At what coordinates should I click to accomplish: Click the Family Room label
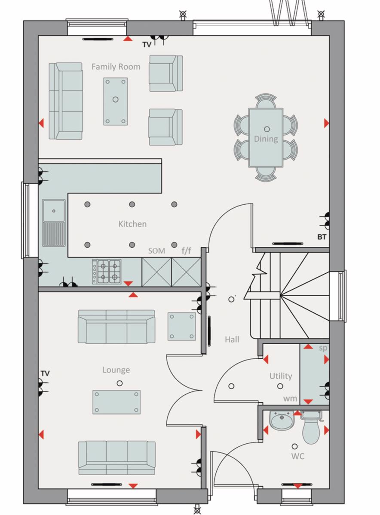[x=116, y=67]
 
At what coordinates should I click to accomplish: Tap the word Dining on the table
[x=266, y=139]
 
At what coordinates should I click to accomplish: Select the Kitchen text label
[x=132, y=224]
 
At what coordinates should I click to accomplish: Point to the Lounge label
[x=116, y=370]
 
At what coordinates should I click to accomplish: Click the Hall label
[x=232, y=339]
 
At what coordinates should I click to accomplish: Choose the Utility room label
[x=281, y=376]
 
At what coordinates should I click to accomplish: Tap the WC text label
[x=298, y=456]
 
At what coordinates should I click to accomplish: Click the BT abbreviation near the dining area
[x=322, y=237]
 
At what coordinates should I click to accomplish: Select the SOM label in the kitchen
[x=156, y=251]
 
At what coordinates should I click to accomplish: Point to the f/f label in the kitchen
[x=186, y=250]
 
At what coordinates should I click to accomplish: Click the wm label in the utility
[x=290, y=398]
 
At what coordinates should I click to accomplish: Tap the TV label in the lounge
[x=45, y=373]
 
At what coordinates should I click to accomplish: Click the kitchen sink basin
[x=54, y=211]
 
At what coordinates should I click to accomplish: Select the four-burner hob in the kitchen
[x=107, y=272]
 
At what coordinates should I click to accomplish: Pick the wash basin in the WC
[x=282, y=421]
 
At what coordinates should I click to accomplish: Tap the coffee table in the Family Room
[x=115, y=101]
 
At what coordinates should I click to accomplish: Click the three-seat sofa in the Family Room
[x=66, y=101]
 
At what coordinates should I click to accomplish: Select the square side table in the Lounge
[x=182, y=326]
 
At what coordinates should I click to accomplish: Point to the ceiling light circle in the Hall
[x=231, y=300]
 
